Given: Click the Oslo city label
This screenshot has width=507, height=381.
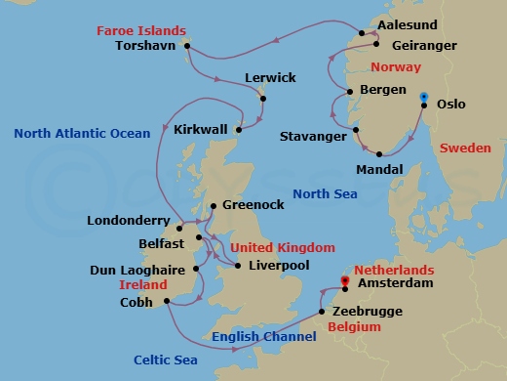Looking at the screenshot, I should click(x=451, y=104).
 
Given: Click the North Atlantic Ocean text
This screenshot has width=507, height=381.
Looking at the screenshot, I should click(x=83, y=132).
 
